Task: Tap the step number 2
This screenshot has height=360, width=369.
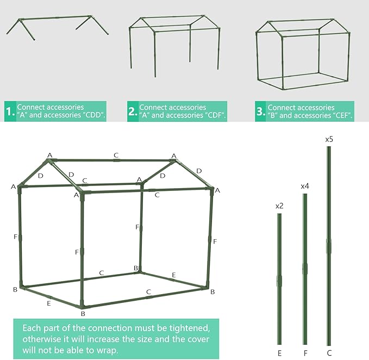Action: point(133,111)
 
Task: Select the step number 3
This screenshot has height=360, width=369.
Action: point(260,111)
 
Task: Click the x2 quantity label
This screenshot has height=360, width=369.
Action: point(279,206)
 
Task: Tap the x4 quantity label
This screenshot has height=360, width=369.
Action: point(305,186)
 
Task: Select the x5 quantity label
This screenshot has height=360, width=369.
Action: point(329,139)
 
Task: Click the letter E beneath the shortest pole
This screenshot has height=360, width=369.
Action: point(279,353)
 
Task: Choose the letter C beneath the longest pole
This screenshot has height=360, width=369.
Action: point(329,353)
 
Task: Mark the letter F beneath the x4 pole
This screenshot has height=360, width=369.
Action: point(305,353)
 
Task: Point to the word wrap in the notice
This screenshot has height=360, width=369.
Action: point(107,350)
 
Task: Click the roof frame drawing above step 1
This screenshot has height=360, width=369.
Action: point(58,28)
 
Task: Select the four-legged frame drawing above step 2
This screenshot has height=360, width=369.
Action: point(174,46)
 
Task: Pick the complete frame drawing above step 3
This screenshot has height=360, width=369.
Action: point(303,54)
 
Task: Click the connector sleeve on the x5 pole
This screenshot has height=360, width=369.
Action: point(329,246)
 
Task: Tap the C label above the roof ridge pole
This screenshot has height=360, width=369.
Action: point(116,156)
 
